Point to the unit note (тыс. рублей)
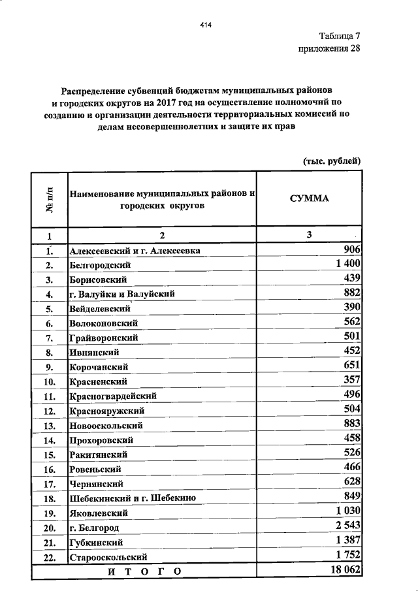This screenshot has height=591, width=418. [x=332, y=161]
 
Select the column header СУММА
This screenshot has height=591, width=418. [x=310, y=199]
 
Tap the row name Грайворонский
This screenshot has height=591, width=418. [x=103, y=338]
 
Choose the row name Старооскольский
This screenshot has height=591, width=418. [x=108, y=558]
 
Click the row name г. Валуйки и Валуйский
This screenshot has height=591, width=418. [x=121, y=295]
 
